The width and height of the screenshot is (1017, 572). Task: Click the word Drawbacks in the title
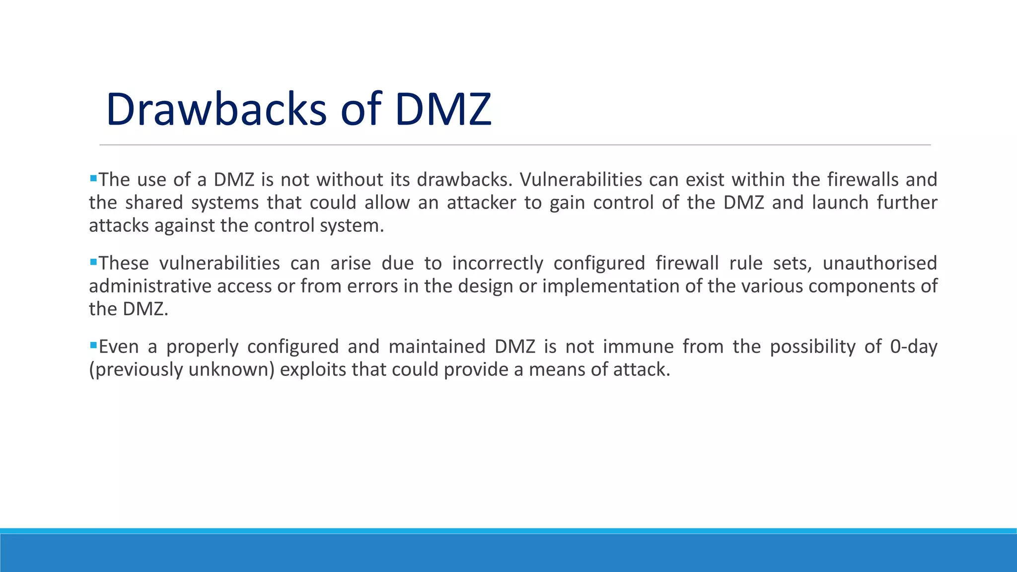216,109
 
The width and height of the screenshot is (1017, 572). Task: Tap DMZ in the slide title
442,109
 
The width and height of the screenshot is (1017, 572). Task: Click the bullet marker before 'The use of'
93,177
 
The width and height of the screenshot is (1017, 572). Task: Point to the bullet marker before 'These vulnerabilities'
93,261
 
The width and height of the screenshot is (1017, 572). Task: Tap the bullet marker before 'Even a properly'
93,344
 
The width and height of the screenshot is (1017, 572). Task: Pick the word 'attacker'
481,203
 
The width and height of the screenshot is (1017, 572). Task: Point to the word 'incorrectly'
498,263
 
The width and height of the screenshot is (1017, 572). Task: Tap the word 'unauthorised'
879,263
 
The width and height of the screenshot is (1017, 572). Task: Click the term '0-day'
913,347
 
